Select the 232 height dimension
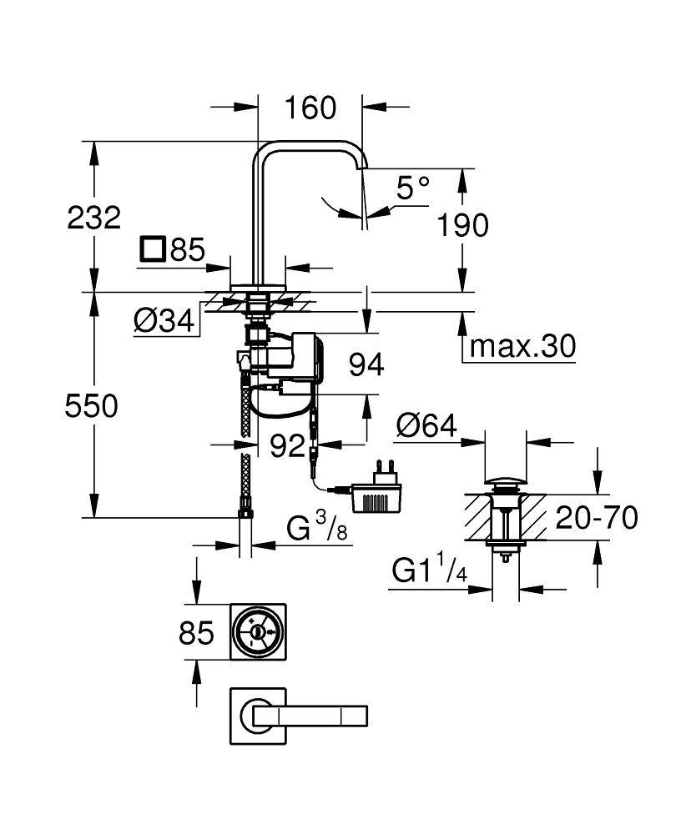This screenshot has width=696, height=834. (94, 218)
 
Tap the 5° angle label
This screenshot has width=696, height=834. (412, 188)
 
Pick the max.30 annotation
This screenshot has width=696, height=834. (522, 345)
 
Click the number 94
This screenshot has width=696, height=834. (366, 364)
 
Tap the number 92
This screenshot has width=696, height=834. (288, 446)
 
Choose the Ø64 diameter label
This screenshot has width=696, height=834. (426, 426)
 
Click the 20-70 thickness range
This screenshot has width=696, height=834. (597, 518)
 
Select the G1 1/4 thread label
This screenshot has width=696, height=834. (426, 571)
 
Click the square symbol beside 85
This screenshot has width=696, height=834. (153, 249)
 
